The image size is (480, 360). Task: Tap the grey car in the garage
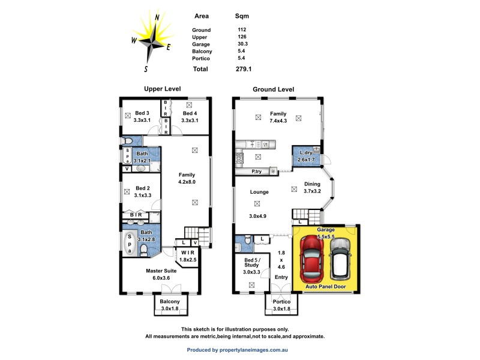pyautogui.click(x=339, y=258)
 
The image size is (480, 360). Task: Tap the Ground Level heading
pyautogui.click(x=273, y=89)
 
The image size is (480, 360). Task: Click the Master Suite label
pyautogui.click(x=161, y=271)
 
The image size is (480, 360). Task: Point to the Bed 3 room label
pyautogui.click(x=142, y=113)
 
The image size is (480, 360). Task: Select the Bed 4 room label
pyautogui.click(x=190, y=113)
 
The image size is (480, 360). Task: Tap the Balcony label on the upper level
pyautogui.click(x=170, y=302)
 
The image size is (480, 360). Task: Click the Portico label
pyautogui.click(x=281, y=302)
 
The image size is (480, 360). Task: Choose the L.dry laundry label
pyautogui.click(x=307, y=153)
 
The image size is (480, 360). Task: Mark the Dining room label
pyautogui.click(x=312, y=184)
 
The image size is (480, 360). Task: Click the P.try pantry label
pyautogui.click(x=258, y=172)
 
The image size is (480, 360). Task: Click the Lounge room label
pyautogui.click(x=259, y=192)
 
